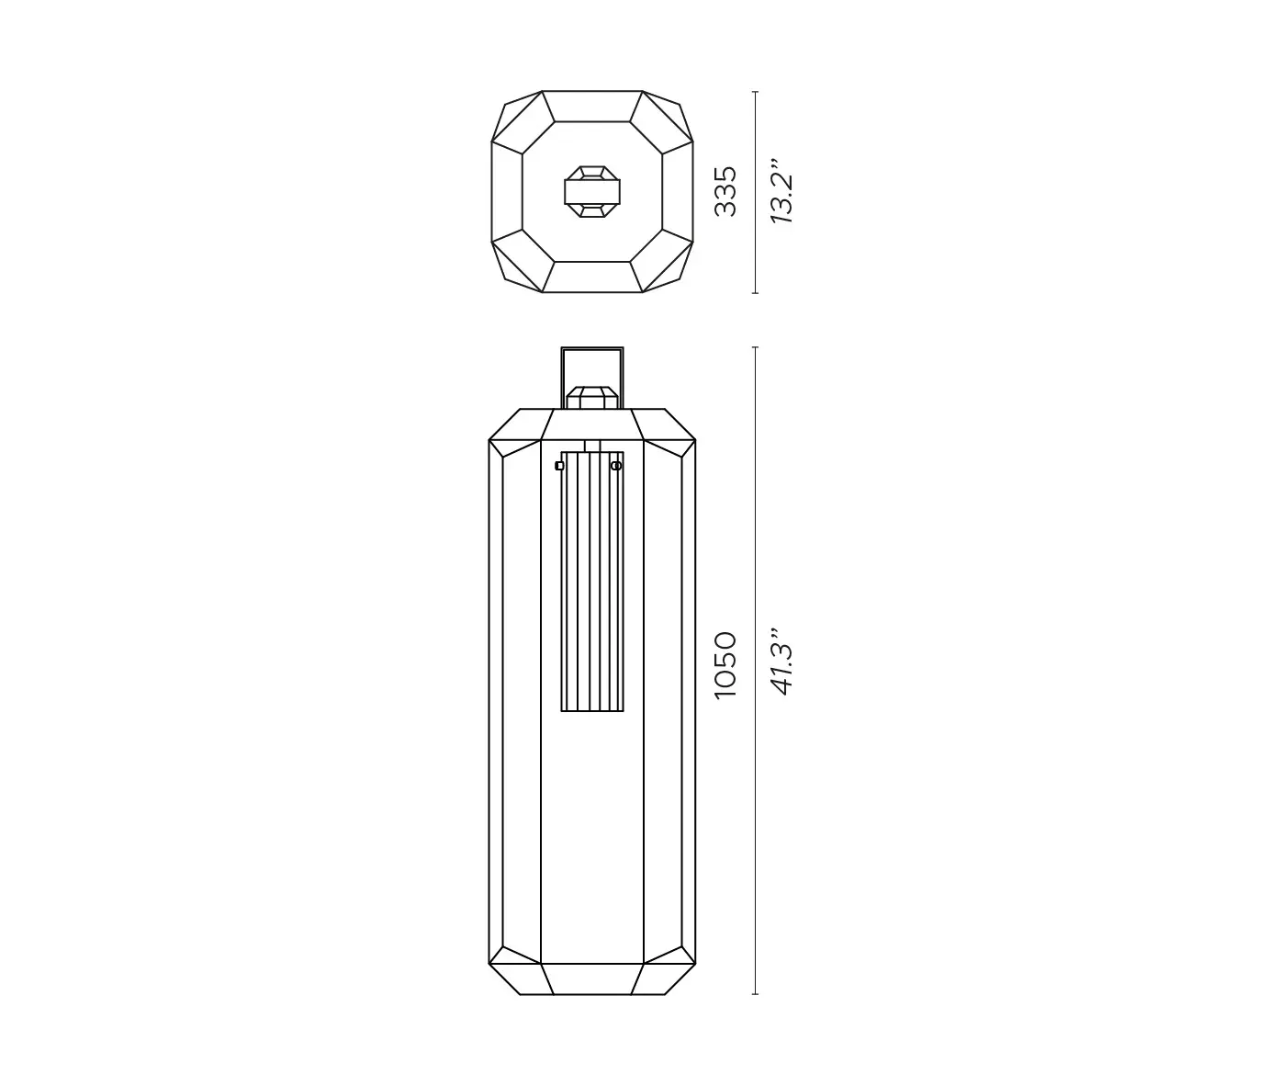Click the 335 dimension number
(x=725, y=191)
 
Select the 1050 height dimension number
(x=725, y=664)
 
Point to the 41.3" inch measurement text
(x=781, y=662)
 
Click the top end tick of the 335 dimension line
(x=755, y=92)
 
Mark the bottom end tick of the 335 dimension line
(x=755, y=293)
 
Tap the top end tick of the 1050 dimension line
(x=755, y=347)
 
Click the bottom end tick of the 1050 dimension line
(x=755, y=994)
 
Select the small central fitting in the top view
(x=592, y=191)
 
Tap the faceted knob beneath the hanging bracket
(x=592, y=398)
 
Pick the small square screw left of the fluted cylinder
(x=559, y=466)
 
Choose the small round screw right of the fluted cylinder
(x=616, y=466)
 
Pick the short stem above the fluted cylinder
(x=592, y=446)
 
